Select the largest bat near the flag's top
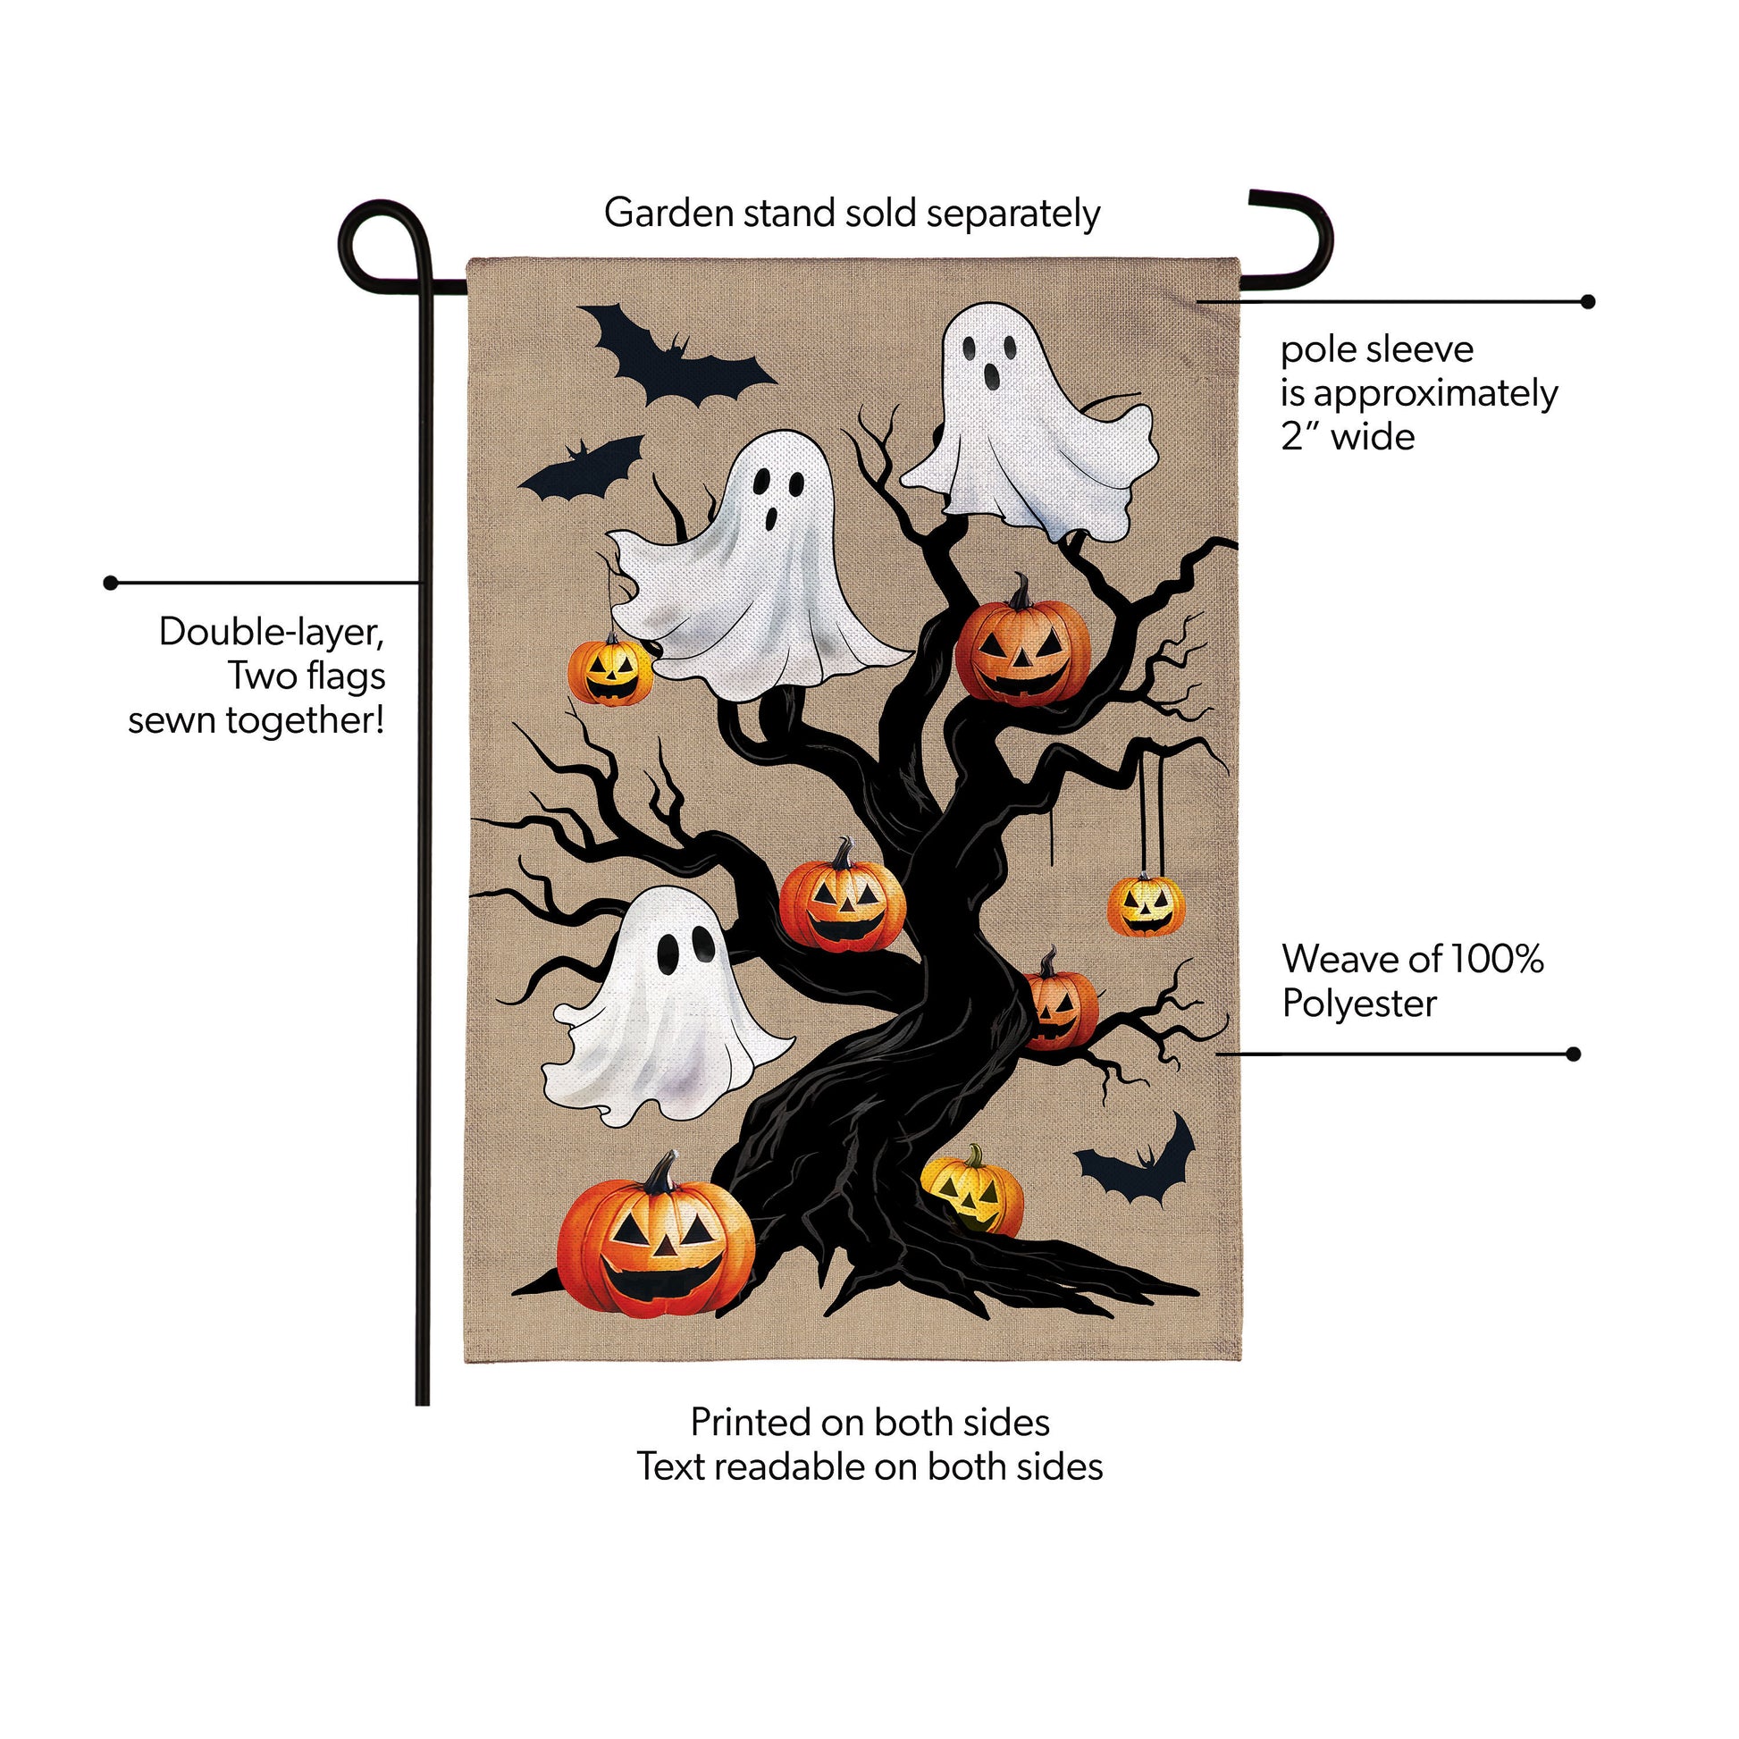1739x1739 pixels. point(675,357)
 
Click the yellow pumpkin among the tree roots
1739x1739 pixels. point(973,1189)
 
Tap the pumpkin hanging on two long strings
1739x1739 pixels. point(1146,904)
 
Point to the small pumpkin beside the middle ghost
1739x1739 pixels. point(610,670)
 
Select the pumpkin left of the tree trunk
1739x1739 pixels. point(843,896)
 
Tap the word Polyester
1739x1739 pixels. point(1359,1004)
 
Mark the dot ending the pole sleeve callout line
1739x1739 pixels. point(1589,301)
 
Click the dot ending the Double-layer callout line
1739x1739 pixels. point(111,584)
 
